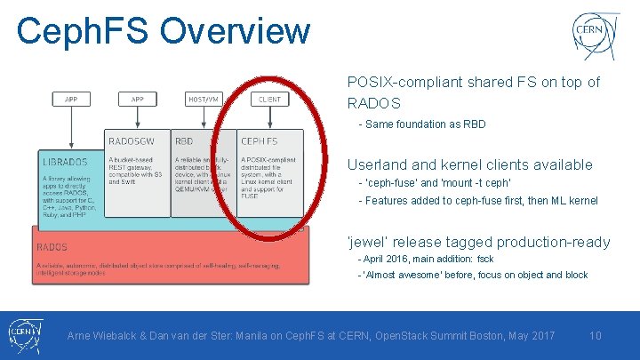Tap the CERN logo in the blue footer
(x=24, y=335)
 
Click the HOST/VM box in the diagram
(x=204, y=100)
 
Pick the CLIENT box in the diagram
(x=269, y=100)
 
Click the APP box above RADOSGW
(x=138, y=100)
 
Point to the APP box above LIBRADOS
(x=71, y=100)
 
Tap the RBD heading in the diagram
(x=185, y=140)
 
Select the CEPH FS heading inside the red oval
(x=259, y=140)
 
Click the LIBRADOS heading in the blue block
(x=65, y=162)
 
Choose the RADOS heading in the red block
(x=52, y=246)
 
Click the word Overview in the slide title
(x=236, y=31)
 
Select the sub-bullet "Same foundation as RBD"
(x=425, y=124)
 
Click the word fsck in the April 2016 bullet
(x=485, y=260)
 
